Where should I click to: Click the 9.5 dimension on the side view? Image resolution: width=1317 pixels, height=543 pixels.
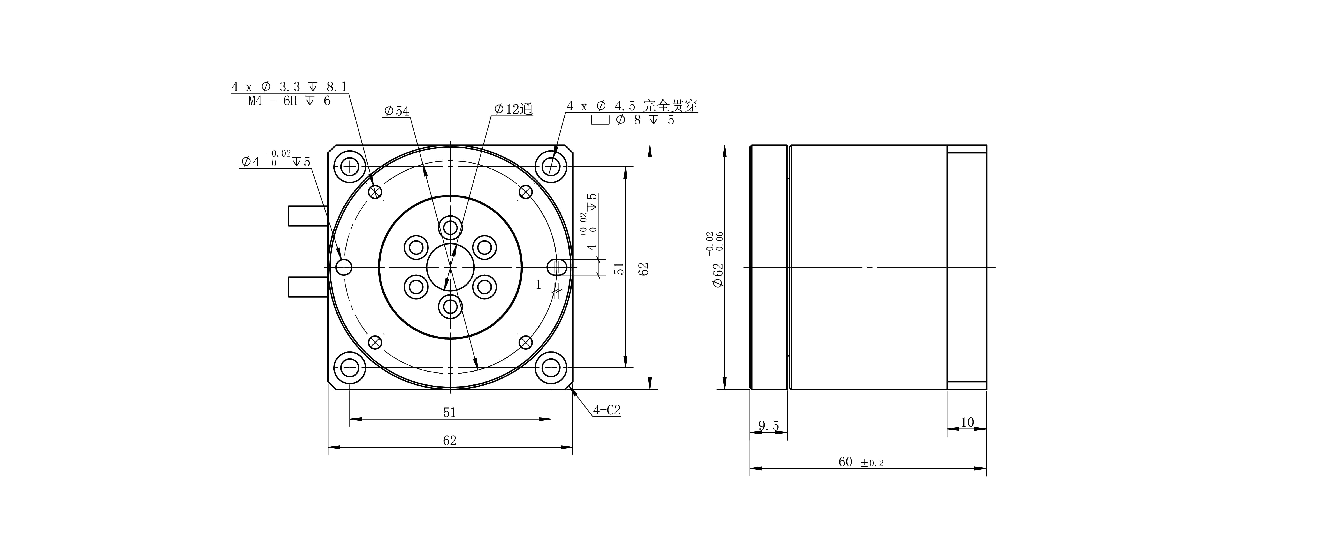[x=768, y=425]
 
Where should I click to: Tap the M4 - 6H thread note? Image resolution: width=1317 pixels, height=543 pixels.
[x=289, y=101]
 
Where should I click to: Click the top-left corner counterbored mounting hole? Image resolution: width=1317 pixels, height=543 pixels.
[x=350, y=167]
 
